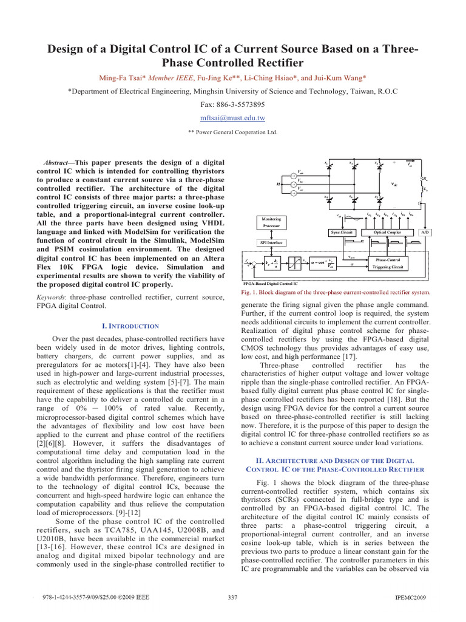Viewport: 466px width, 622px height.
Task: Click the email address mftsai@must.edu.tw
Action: (233, 117)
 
